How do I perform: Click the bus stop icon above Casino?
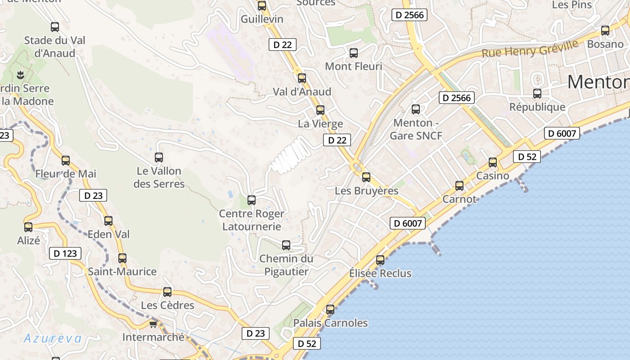point(493,162)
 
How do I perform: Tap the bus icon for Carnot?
point(459,185)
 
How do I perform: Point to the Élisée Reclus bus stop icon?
point(380,260)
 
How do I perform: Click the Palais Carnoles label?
point(330,323)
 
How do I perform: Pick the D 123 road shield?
point(65,253)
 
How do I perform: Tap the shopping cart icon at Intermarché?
point(153,324)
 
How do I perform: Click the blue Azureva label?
point(53,338)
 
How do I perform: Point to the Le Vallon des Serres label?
point(159,177)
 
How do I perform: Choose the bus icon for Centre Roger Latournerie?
point(252,200)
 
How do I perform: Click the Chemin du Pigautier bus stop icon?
point(286,245)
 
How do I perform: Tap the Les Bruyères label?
point(366,191)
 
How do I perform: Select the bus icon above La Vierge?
point(320,110)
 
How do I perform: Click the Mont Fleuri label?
point(353,66)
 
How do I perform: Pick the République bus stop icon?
point(537,94)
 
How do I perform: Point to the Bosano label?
point(605,44)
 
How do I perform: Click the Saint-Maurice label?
point(122,271)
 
